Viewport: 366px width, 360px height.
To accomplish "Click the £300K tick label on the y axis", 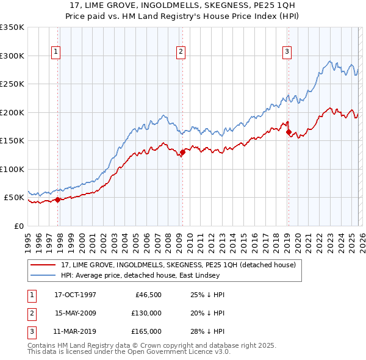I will (x=12, y=56).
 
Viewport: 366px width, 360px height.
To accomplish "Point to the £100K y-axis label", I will (x=12, y=169).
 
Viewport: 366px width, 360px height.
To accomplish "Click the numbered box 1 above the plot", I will (x=56, y=52).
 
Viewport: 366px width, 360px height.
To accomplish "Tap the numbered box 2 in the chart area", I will (x=181, y=52).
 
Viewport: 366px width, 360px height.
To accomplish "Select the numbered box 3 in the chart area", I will (x=286, y=52).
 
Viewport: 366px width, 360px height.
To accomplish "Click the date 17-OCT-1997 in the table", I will (x=75, y=294).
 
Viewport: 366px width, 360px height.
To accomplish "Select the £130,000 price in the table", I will (x=146, y=313).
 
